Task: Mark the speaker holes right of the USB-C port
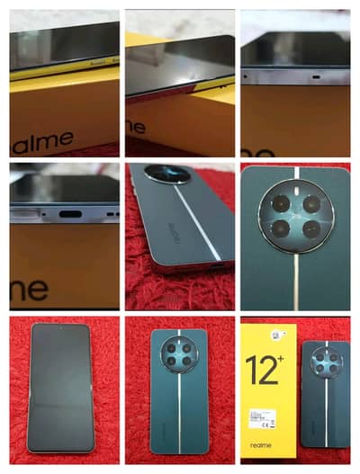click(110, 215)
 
